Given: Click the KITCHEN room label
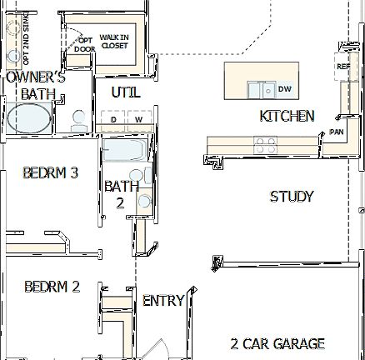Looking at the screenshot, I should point(287,116).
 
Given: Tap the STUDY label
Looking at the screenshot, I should point(292,197).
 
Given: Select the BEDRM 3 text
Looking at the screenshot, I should point(51,173).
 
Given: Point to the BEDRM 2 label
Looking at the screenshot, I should point(52,287).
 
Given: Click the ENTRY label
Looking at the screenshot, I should point(163,301).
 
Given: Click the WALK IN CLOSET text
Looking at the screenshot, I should point(114,42).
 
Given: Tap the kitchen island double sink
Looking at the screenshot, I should point(259,88).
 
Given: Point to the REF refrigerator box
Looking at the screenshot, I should point(342,67).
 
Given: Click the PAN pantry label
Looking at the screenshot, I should point(337,132).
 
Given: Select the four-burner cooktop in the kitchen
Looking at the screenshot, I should point(266,142).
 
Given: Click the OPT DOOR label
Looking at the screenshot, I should point(85,43).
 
